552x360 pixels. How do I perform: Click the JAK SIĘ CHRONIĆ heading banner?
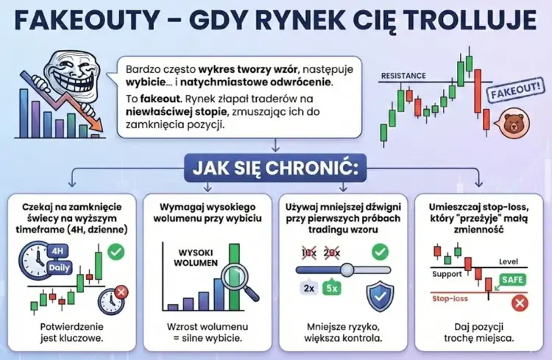pos(275,167)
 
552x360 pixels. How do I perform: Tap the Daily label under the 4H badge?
pos(60,267)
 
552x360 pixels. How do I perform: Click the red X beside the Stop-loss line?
pos(519,302)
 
